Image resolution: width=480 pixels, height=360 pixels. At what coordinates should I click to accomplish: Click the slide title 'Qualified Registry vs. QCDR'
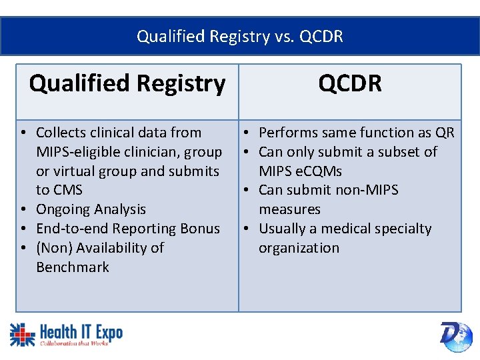240,36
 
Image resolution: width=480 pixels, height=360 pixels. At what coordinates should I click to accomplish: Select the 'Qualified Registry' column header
127,84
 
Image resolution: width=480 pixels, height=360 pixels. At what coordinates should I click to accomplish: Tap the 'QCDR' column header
350,84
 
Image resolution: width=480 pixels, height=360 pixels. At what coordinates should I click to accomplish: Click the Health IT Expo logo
66,333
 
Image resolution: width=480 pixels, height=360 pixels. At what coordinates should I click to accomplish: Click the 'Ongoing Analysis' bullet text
91,209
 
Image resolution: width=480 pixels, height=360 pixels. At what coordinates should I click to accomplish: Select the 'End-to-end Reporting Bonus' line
127,229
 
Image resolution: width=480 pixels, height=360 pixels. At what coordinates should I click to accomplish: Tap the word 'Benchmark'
73,267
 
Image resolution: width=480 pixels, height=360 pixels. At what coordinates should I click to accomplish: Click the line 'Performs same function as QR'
356,133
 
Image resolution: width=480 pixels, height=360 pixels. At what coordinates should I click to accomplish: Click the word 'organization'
299,248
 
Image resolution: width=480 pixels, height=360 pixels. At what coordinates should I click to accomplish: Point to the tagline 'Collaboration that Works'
73,343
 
